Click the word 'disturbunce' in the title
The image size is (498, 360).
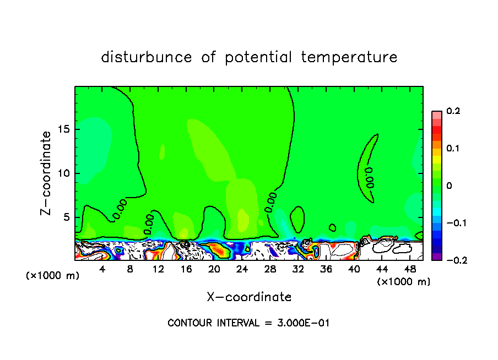(x=147, y=57)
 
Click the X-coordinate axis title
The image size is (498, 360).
(x=249, y=297)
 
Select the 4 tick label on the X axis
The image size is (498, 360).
(x=102, y=269)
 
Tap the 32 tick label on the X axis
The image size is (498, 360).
(x=298, y=269)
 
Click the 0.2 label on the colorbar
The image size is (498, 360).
(x=453, y=111)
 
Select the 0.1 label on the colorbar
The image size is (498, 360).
(x=453, y=149)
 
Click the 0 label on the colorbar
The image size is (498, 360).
(x=449, y=186)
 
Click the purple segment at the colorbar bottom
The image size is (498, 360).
(x=436, y=256)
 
